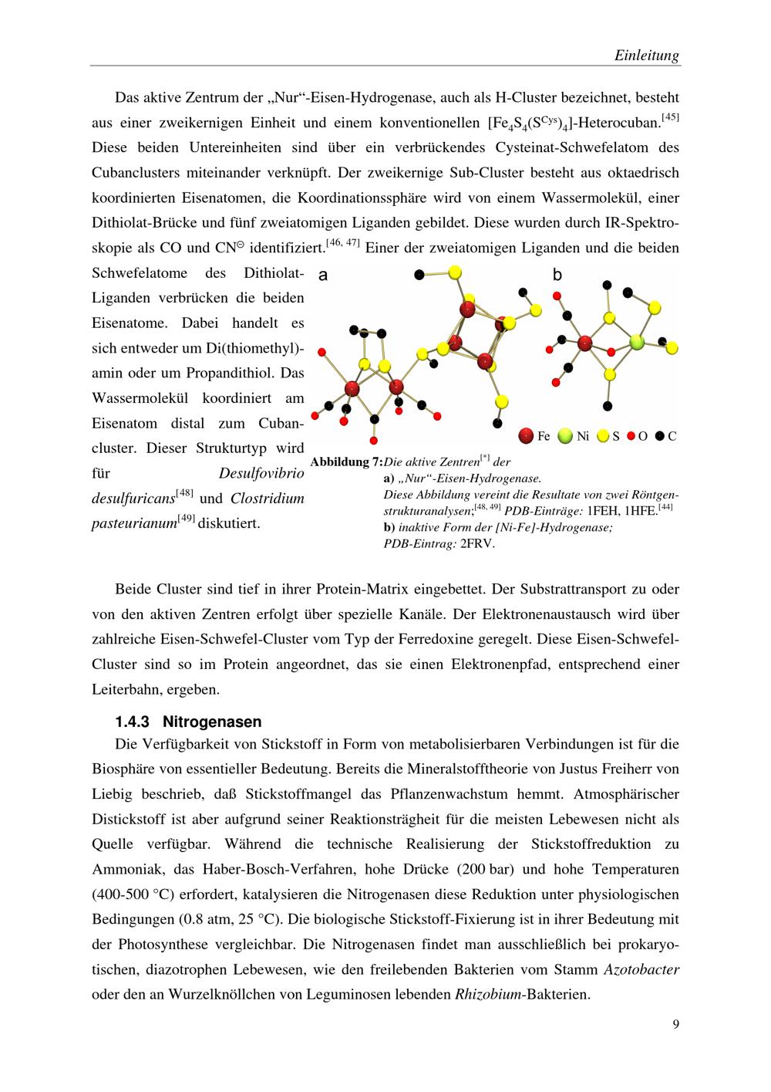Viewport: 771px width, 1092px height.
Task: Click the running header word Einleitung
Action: click(x=647, y=56)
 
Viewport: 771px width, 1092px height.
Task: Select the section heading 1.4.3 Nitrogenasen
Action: click(x=188, y=722)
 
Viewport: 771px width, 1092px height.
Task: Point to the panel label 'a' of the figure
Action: click(x=324, y=275)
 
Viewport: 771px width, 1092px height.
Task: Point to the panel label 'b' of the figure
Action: click(x=557, y=275)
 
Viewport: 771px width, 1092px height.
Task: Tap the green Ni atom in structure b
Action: click(x=636, y=341)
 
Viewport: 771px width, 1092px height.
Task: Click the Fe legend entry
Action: click(x=536, y=436)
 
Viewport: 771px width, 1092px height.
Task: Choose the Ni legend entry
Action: click(x=574, y=436)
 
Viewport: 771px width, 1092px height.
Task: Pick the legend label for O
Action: click(x=641, y=436)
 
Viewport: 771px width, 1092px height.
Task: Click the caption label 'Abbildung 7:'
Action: click(x=346, y=462)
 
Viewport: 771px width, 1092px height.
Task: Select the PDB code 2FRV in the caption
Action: click(x=477, y=543)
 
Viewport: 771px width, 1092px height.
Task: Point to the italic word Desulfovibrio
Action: click(x=261, y=473)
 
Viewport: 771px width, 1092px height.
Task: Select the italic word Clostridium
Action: click(x=268, y=499)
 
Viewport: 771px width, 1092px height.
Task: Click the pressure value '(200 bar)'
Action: click(x=486, y=869)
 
